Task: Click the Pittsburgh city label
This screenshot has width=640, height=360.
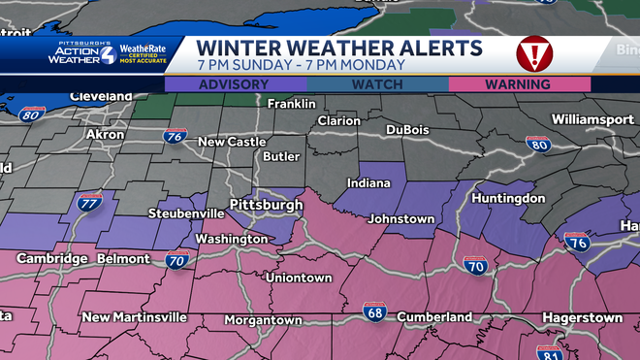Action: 266,206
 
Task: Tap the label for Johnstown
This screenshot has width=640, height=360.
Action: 400,219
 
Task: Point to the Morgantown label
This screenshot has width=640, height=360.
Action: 263,319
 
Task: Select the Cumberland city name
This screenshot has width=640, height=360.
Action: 434,316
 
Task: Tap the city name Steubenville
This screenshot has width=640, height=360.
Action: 186,213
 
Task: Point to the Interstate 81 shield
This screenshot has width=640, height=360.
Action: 550,352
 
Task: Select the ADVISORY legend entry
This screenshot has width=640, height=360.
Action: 233,84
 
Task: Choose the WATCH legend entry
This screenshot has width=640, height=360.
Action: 375,84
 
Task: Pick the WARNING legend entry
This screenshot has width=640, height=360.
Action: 519,84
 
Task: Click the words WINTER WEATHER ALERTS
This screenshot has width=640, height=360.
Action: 338,48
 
